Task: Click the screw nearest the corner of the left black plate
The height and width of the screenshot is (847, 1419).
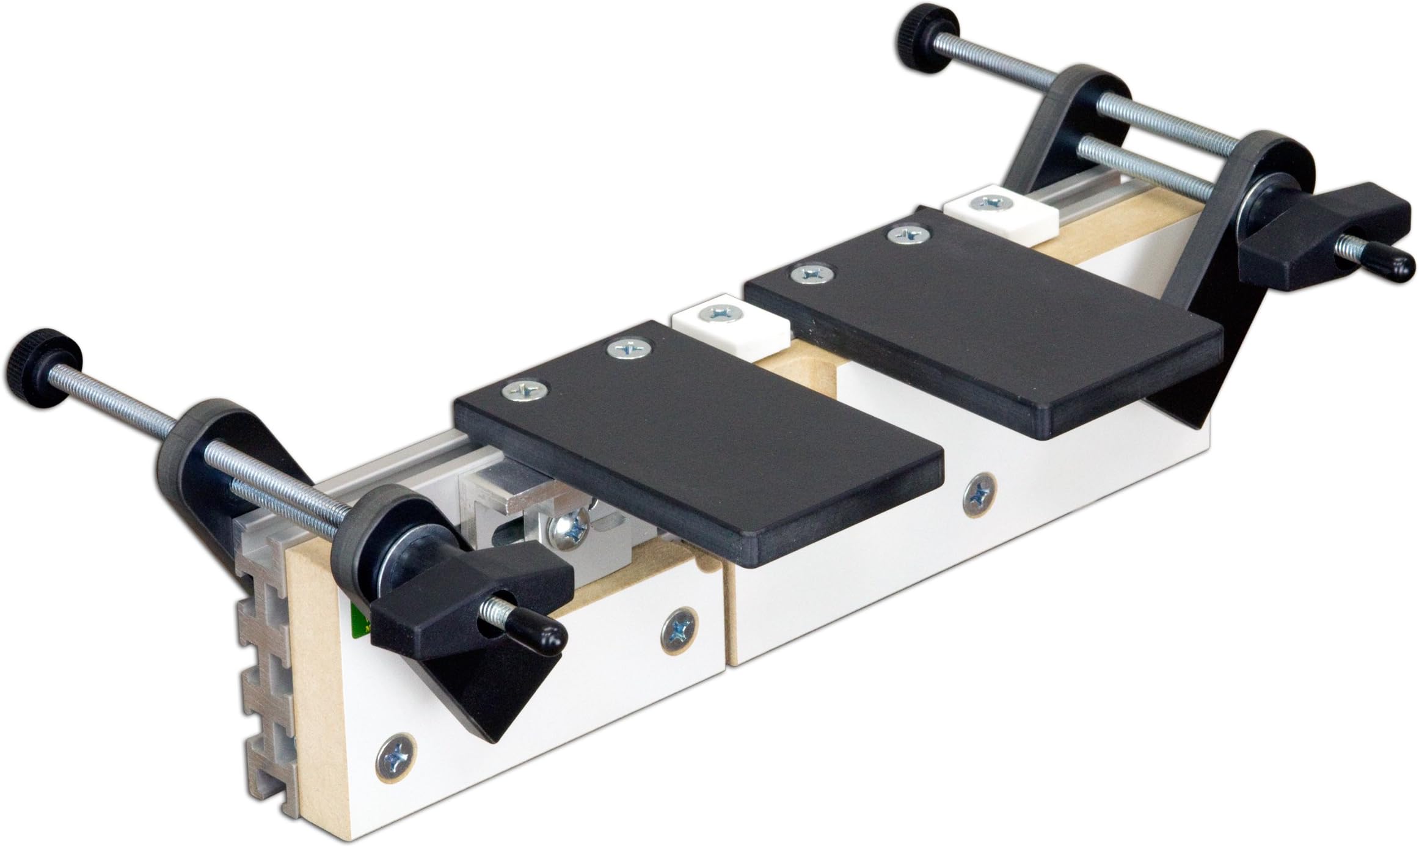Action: (524, 389)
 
